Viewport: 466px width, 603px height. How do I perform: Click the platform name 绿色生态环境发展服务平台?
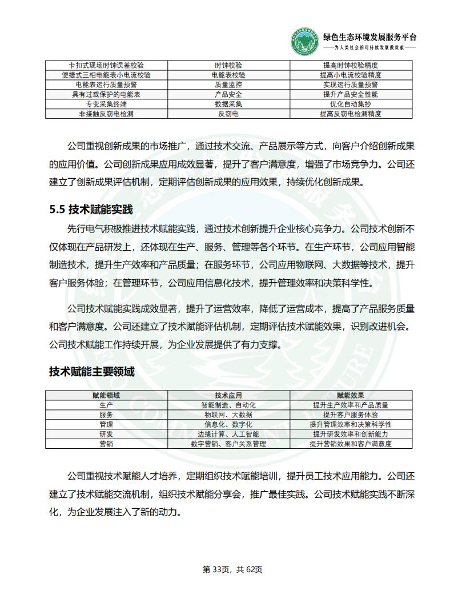click(369, 37)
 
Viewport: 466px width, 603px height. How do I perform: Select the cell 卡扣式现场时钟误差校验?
click(106, 65)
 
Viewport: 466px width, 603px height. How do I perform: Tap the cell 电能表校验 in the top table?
click(228, 75)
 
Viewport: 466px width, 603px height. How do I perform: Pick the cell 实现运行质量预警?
click(351, 85)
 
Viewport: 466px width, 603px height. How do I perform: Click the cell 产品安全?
click(228, 94)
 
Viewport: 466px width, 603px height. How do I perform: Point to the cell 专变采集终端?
click(106, 104)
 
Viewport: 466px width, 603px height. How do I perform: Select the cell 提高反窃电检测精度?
click(351, 114)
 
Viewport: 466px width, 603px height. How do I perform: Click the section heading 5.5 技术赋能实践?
click(91, 210)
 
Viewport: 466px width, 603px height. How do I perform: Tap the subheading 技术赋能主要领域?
click(92, 372)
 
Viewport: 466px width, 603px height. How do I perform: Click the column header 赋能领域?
click(106, 395)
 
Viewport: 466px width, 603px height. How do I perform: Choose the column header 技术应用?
click(228, 395)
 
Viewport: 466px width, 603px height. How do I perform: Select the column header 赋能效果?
click(351, 395)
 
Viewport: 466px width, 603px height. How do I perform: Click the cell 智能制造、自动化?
click(228, 405)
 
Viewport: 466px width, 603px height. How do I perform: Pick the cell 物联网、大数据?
click(228, 415)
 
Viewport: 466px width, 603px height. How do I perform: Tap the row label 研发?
click(106, 434)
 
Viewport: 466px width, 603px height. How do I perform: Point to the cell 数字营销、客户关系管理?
click(228, 444)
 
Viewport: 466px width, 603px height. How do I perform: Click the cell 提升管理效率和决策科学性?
click(351, 424)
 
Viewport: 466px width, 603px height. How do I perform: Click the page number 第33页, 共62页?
click(232, 569)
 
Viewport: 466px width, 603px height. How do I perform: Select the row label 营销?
click(106, 444)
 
